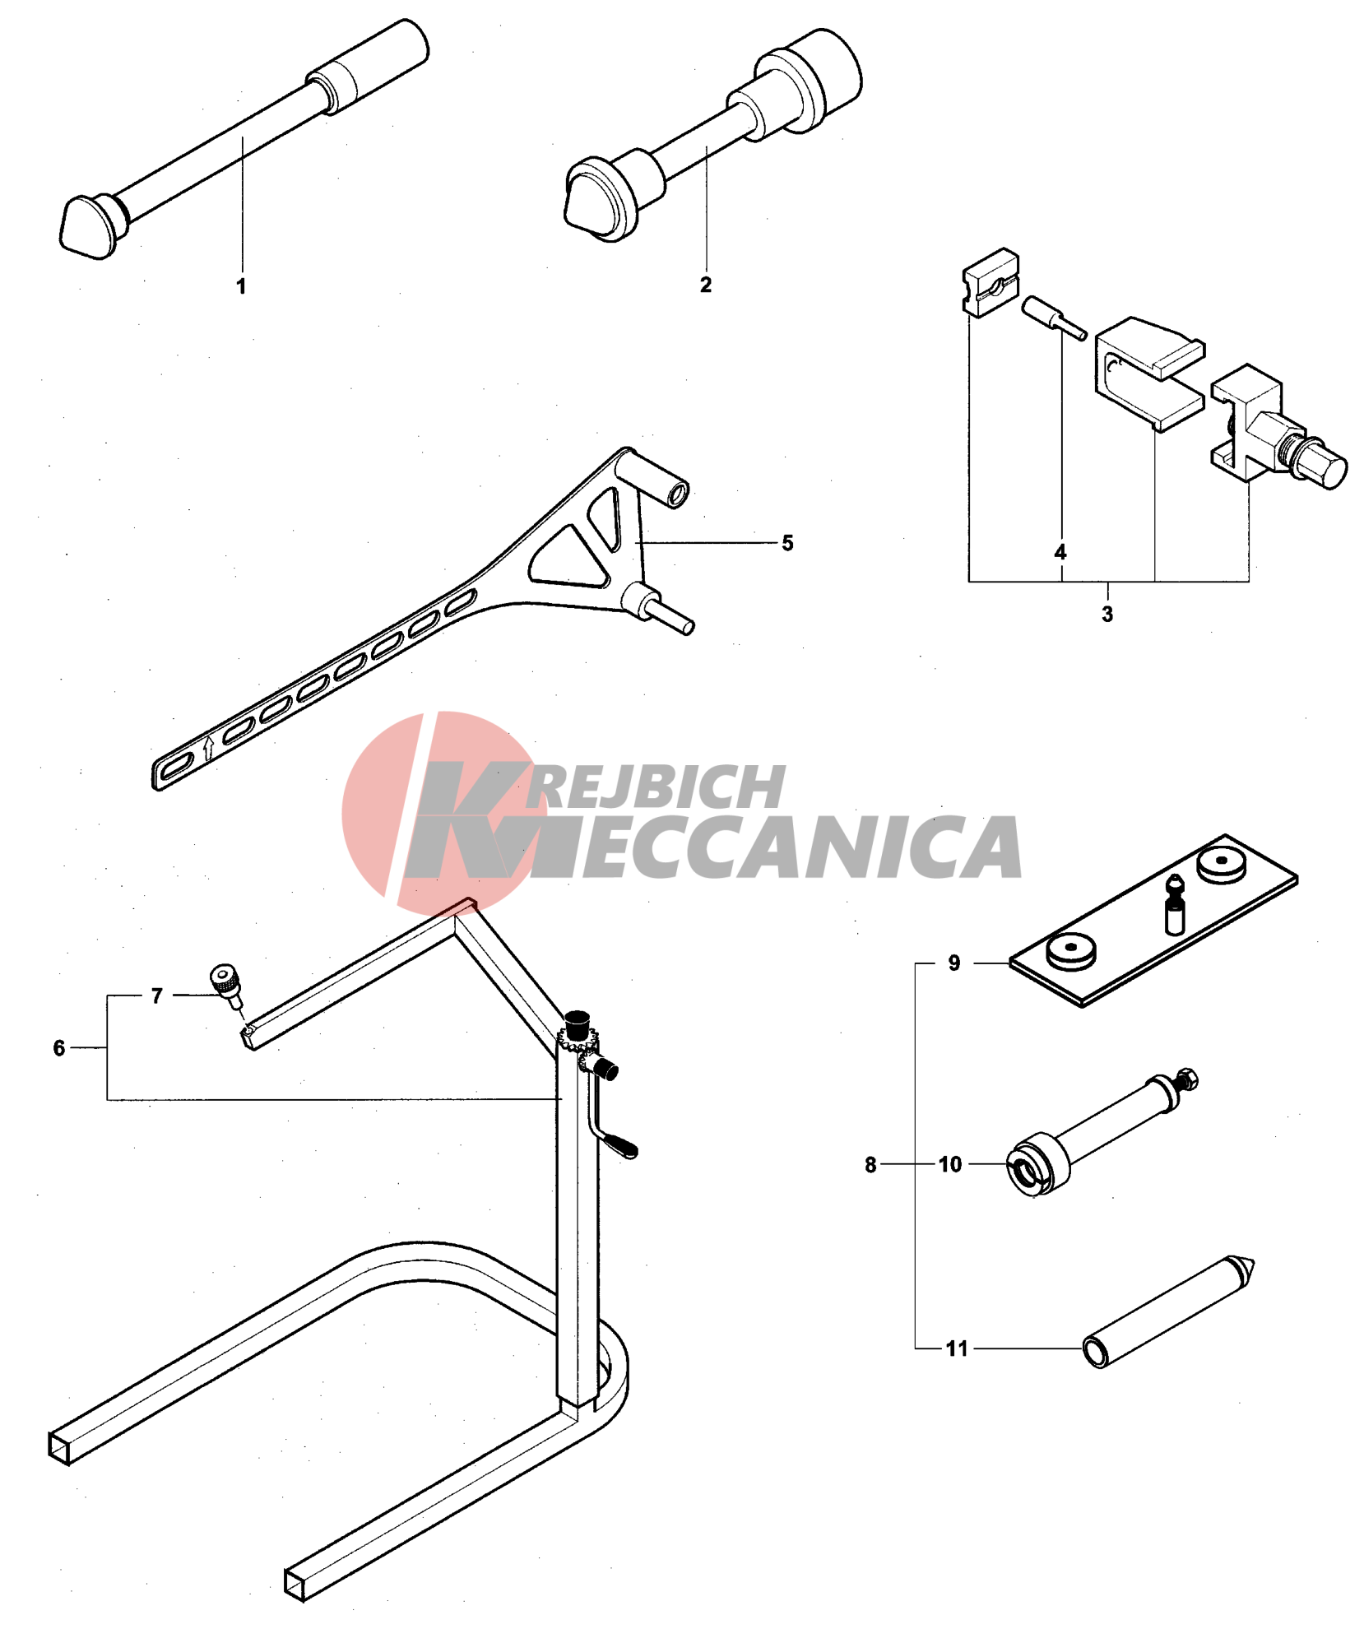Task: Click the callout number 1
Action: click(x=241, y=286)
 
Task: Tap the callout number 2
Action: click(x=706, y=285)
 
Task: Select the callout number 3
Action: click(x=1107, y=614)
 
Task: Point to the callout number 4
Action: click(x=1060, y=552)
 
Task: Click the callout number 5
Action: click(x=787, y=543)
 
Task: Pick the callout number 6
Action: click(x=59, y=1048)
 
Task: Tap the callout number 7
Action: click(x=157, y=996)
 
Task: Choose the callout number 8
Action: click(x=870, y=1165)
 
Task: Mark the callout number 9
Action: click(x=954, y=963)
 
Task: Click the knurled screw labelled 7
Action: click(x=225, y=984)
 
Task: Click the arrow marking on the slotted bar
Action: click(x=208, y=748)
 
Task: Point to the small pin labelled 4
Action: click(x=1055, y=318)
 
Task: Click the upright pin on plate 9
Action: click(x=1176, y=905)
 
